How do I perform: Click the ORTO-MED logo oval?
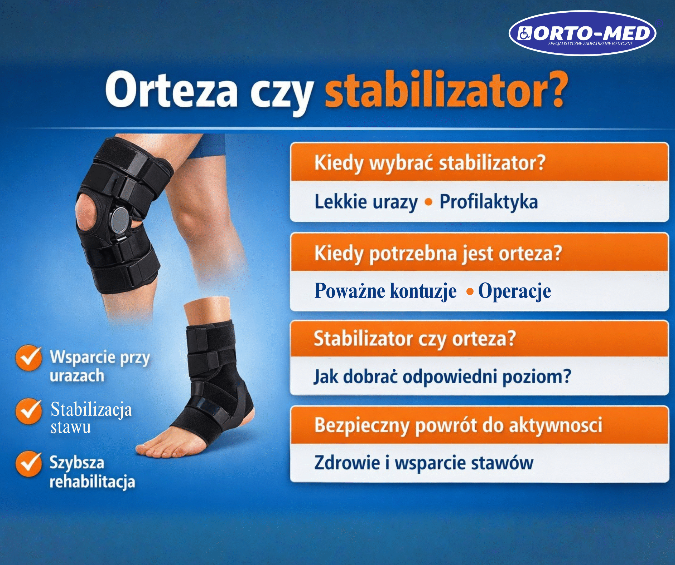tap(582, 33)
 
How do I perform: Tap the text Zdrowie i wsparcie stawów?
tap(424, 463)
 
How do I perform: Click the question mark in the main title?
tap(554, 90)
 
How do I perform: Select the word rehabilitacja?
tap(92, 482)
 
